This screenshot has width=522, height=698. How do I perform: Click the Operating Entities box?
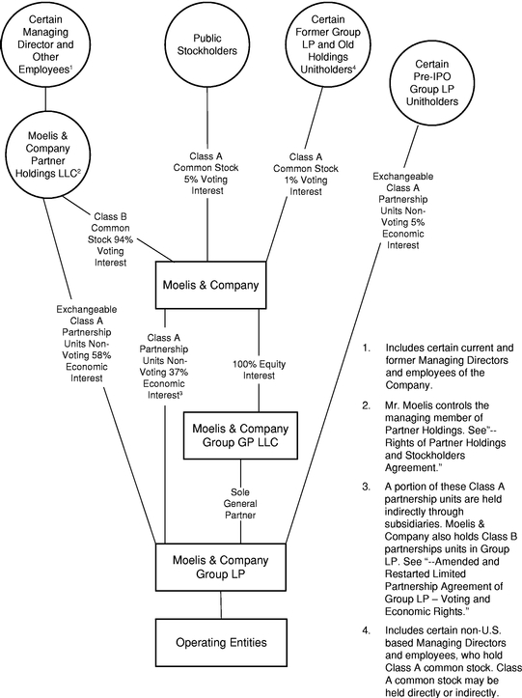221,642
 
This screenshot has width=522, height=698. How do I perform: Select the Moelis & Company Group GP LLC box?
241,435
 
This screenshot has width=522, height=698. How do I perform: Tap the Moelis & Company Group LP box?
221,567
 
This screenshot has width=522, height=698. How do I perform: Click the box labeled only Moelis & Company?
211,285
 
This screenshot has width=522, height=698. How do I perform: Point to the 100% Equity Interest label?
259,370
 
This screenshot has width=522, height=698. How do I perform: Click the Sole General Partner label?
240,504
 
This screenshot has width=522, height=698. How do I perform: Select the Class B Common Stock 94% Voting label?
110,239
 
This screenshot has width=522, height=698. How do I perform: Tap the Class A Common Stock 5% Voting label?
206,174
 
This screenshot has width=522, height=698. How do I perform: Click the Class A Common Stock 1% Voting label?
306,174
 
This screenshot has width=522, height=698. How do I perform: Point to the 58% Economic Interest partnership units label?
86,344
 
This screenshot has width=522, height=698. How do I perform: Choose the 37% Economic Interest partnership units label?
164,366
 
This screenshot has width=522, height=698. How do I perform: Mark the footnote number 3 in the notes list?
366,487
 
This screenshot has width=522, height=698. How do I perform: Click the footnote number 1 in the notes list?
366,348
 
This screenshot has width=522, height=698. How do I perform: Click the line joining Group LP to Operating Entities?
221,604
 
